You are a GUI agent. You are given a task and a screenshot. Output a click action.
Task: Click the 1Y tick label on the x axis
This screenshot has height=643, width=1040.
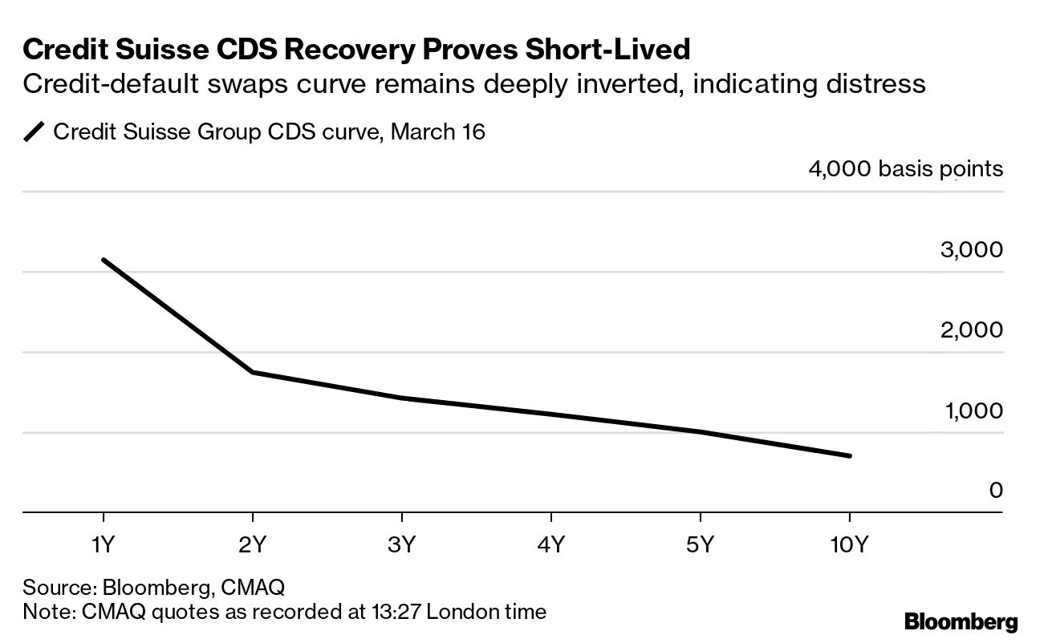tap(104, 545)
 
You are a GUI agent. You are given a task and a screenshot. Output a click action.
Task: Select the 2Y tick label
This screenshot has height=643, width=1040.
tap(253, 545)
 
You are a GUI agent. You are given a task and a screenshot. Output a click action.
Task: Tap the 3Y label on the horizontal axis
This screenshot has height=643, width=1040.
tap(401, 545)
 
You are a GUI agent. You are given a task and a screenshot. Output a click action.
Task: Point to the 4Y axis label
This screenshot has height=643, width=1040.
tap(551, 545)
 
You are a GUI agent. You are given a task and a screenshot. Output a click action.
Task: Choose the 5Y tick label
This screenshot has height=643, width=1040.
tap(701, 545)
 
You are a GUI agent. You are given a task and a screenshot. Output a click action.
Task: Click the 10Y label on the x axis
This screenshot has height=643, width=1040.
tap(849, 545)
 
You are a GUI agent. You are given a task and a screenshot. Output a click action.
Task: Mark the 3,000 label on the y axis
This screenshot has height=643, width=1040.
tap(971, 249)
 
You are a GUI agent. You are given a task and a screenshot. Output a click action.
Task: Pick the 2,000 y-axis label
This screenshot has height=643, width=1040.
tap(971, 330)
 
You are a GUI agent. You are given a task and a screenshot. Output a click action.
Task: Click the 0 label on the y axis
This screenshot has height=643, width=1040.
tap(996, 490)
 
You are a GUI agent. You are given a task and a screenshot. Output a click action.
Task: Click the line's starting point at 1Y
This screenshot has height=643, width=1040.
tap(104, 260)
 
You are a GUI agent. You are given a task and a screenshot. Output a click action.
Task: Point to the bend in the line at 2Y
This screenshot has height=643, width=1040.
tap(253, 372)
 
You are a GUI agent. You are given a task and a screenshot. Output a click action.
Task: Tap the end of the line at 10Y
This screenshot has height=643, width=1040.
tap(849, 456)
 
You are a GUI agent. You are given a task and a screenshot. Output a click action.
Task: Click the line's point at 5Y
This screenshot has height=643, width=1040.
tap(701, 432)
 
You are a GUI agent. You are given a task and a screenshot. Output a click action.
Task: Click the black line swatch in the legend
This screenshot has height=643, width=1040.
tap(35, 132)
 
